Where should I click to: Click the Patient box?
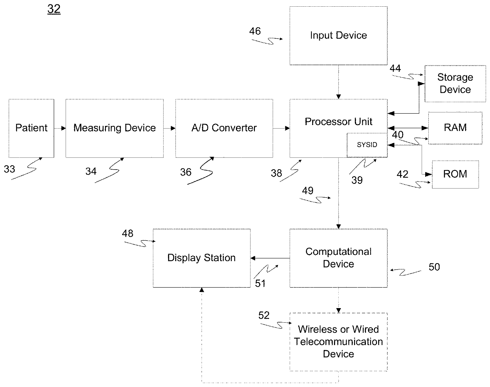click(x=31, y=128)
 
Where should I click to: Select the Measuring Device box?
click(x=114, y=128)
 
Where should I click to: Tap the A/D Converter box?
click(x=224, y=128)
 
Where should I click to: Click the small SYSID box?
click(x=367, y=145)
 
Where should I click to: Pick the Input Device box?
click(x=338, y=36)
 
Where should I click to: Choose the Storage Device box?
click(x=455, y=84)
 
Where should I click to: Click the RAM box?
click(x=455, y=128)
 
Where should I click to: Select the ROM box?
click(x=455, y=174)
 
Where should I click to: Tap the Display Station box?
click(x=202, y=258)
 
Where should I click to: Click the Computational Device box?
click(x=338, y=258)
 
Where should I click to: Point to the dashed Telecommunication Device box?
click(x=338, y=342)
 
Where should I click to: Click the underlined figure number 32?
click(x=54, y=9)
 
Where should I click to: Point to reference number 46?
click(x=255, y=31)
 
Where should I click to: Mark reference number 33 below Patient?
click(x=9, y=169)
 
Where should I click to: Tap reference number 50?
click(x=434, y=267)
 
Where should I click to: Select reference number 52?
click(x=264, y=316)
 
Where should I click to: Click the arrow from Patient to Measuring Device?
click(x=60, y=128)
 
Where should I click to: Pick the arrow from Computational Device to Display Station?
click(x=270, y=258)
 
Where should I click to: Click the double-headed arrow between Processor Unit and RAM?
click(x=408, y=128)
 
